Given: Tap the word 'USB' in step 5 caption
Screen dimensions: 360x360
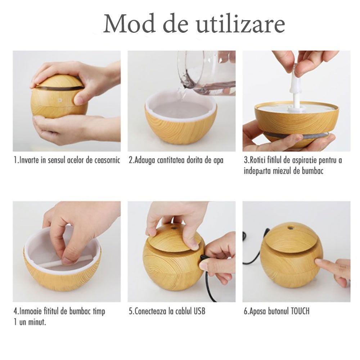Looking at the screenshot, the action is [x=199, y=311].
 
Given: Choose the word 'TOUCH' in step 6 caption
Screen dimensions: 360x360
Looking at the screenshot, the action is [x=300, y=311].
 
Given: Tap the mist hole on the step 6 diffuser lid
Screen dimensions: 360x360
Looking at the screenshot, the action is [x=291, y=228].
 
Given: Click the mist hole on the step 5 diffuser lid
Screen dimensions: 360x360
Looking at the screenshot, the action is [x=174, y=229].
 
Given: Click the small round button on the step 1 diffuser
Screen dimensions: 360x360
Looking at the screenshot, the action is [x=60, y=100].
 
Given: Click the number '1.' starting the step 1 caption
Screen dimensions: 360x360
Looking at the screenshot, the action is [x=16, y=160].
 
